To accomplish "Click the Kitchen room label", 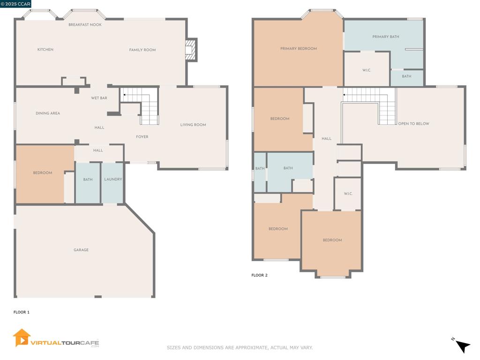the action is pyautogui.click(x=45, y=49).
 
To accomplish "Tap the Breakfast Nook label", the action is pyautogui.click(x=85, y=24).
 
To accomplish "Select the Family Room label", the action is pyautogui.click(x=142, y=50).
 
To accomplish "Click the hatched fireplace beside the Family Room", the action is pyautogui.click(x=190, y=49).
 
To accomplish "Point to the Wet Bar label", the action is pyautogui.click(x=99, y=98).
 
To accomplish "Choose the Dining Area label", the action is pyautogui.click(x=48, y=113).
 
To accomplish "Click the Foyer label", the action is pyautogui.click(x=142, y=136).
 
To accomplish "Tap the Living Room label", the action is pyautogui.click(x=193, y=125).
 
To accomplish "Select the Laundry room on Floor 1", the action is pyautogui.click(x=112, y=183).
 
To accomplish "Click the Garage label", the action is pyautogui.click(x=81, y=250).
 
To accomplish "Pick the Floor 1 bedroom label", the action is pyautogui.click(x=43, y=172).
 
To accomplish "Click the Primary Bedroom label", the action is pyautogui.click(x=299, y=48).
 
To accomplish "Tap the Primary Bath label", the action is pyautogui.click(x=386, y=37).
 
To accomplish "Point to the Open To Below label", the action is pyautogui.click(x=413, y=124).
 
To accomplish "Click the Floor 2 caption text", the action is pyautogui.click(x=259, y=275).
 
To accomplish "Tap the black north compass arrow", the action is pyautogui.click(x=463, y=346).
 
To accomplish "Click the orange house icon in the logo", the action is pyautogui.click(x=22, y=338).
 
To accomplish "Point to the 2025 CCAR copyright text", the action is pyautogui.click(x=15, y=4).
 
